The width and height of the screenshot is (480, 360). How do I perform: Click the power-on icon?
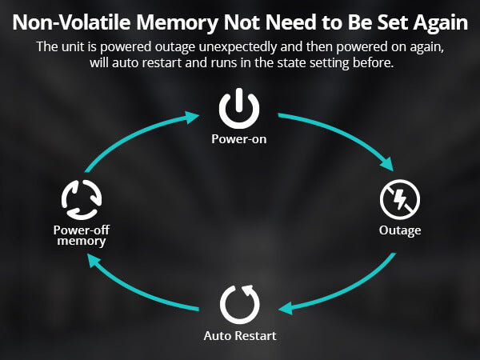(x=239, y=110)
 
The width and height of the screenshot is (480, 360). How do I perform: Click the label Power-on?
(x=239, y=139)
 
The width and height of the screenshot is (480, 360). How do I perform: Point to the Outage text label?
(x=399, y=231)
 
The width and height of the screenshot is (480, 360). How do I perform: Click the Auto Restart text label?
(x=239, y=336)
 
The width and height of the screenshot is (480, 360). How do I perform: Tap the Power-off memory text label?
(x=82, y=235)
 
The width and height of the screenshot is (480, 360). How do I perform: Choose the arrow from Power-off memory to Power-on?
(x=132, y=140)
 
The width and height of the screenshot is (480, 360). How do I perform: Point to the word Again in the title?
(x=437, y=19)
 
